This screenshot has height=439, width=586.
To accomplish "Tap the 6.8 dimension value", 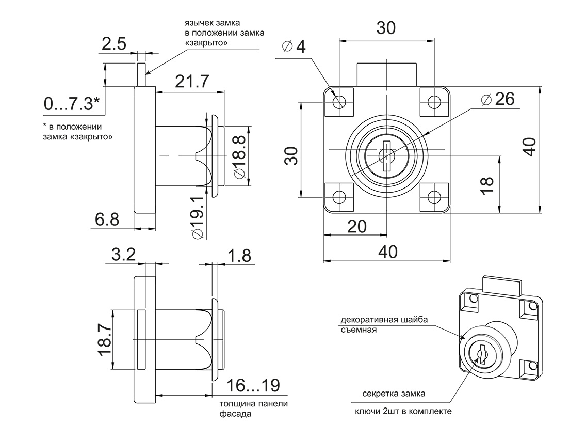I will [x=107, y=220].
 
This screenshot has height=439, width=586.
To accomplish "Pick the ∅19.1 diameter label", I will [x=198, y=217].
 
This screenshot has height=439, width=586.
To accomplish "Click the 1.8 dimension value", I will [x=238, y=254].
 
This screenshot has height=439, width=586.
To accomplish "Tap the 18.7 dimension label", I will [x=104, y=339].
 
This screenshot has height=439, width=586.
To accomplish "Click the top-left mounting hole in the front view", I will [x=339, y=102].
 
